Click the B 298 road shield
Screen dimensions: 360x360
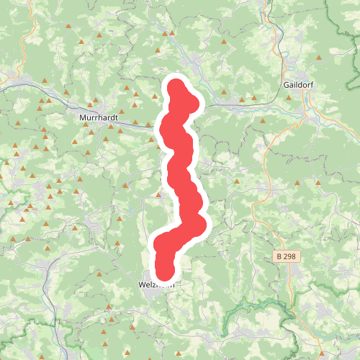click(287, 256)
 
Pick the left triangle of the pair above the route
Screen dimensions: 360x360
click(165, 33)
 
